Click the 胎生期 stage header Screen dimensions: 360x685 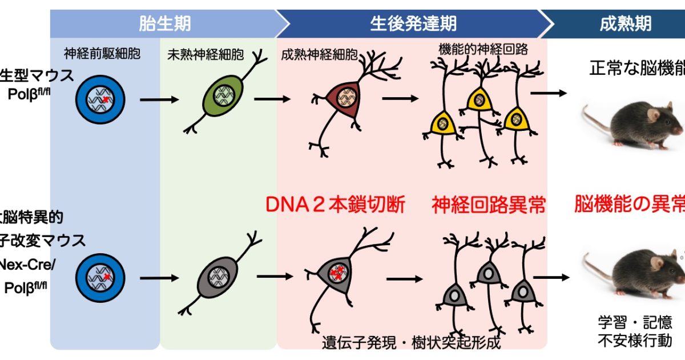point(165,23)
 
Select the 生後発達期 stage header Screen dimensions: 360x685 point(413,23)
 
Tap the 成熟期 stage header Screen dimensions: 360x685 point(626,23)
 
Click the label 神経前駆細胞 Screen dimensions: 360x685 point(102,54)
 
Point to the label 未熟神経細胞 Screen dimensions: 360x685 point(205,55)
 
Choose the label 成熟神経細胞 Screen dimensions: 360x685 point(320,55)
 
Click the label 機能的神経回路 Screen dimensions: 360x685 point(483,49)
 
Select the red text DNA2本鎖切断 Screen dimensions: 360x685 point(336,205)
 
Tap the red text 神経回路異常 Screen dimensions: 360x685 point(489,205)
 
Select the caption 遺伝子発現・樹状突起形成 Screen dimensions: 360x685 point(411,343)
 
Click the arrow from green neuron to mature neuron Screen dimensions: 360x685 point(270,99)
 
